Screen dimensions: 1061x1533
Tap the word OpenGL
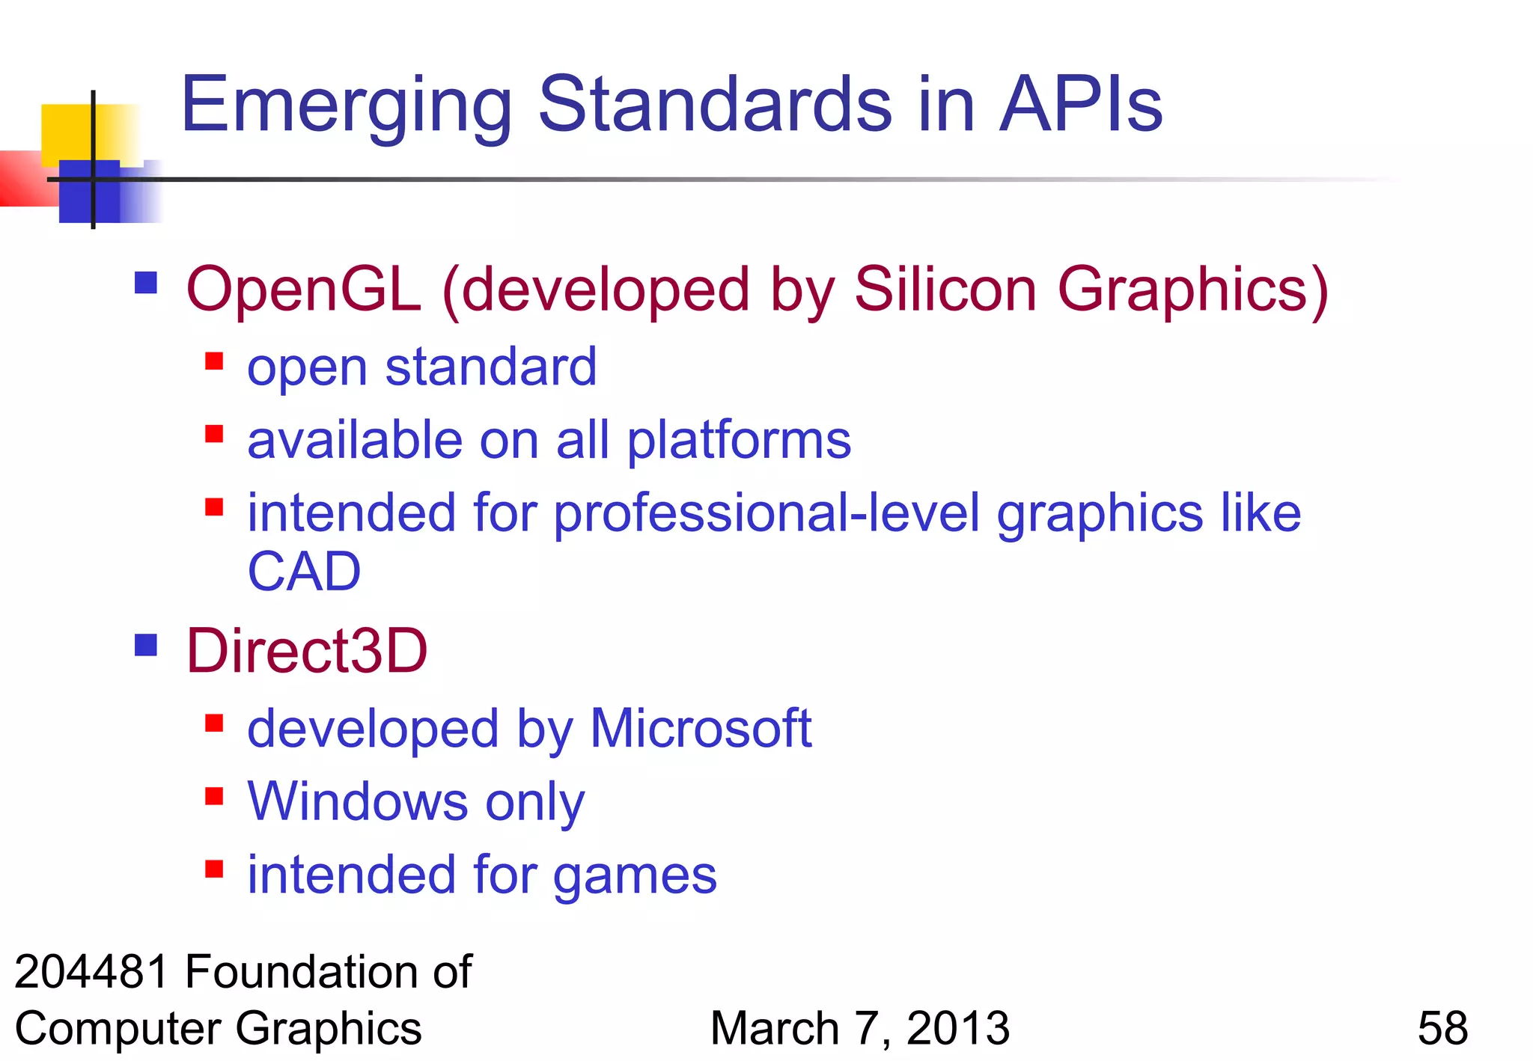point(303,290)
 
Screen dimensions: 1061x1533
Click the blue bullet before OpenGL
point(146,283)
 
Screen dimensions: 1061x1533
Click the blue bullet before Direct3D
point(146,644)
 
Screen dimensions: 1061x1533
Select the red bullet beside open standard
point(214,361)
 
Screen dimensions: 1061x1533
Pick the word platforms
point(739,441)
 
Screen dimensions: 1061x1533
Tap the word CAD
point(304,572)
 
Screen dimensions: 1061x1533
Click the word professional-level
point(766,514)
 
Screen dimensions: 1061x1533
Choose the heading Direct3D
point(307,651)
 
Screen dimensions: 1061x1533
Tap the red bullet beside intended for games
point(214,869)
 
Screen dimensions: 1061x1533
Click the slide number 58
point(1442,1028)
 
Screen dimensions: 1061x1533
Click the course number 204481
point(91,972)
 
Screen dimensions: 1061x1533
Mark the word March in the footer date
point(775,1028)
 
